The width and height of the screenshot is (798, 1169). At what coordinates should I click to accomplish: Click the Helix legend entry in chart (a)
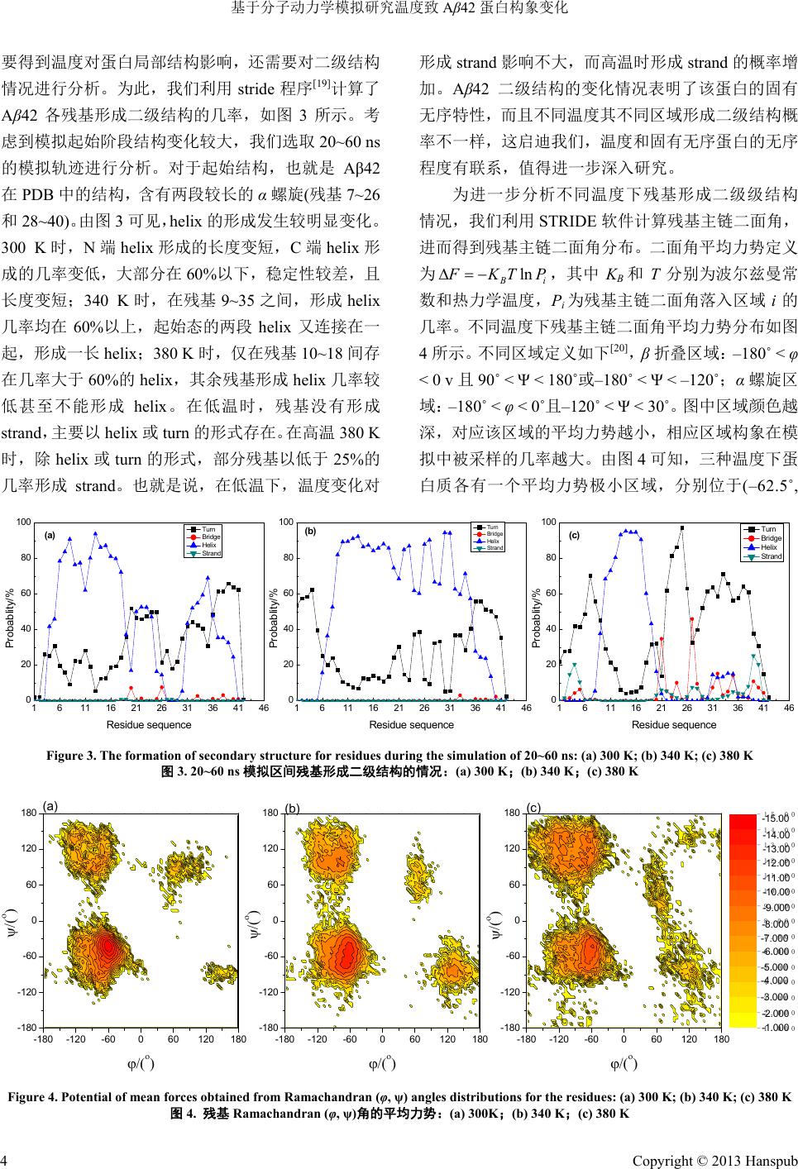tap(208, 545)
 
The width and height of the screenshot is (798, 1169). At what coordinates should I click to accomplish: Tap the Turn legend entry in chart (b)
tap(492, 527)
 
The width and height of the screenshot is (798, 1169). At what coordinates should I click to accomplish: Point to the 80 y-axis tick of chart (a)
tap(25, 558)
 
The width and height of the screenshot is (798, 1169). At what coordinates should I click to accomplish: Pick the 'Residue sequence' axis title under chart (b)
tap(411, 725)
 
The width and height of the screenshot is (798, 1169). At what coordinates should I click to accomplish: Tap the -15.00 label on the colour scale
tap(776, 819)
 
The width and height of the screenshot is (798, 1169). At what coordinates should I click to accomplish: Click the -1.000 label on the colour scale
tap(776, 1028)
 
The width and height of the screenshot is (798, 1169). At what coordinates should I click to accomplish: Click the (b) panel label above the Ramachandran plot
tap(291, 805)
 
